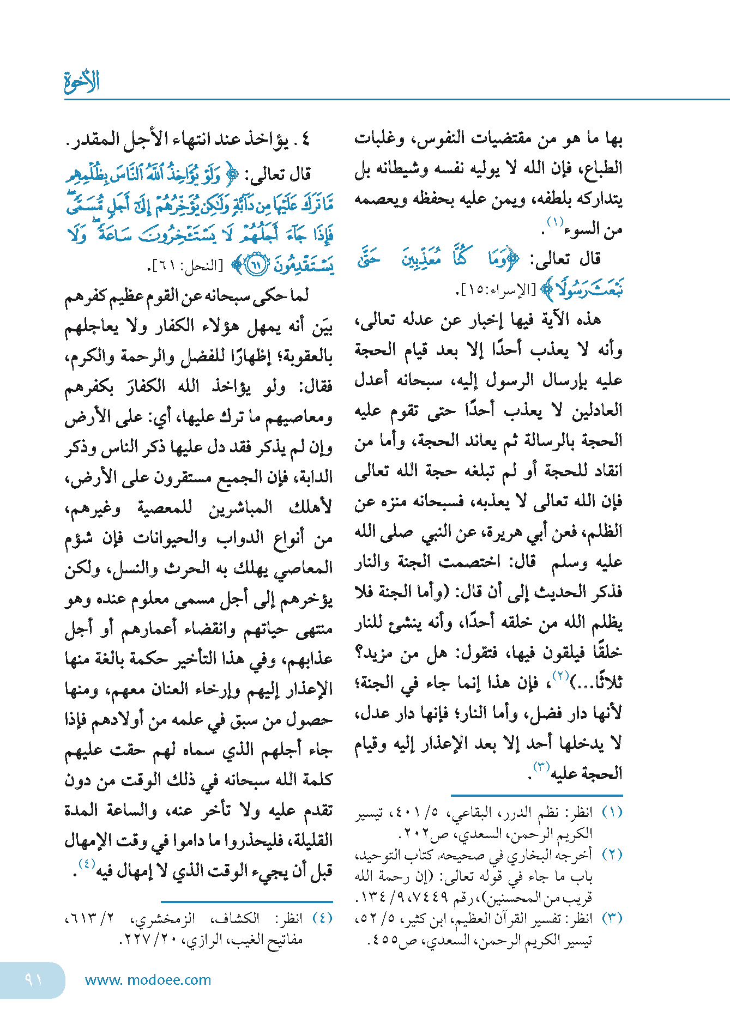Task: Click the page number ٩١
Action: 33,979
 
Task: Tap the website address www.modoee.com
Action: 148,980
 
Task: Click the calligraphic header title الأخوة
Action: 82,82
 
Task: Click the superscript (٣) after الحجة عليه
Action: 541,766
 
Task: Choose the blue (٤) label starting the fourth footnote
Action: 322,918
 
